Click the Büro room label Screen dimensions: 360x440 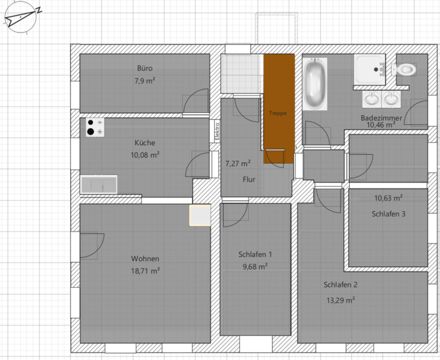[x=144, y=68]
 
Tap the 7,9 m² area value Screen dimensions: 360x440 [x=144, y=81]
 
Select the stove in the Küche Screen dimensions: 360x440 [x=95, y=128]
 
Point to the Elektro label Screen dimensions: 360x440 [x=217, y=131]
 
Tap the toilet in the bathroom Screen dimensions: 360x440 [x=405, y=70]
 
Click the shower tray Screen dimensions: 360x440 [x=369, y=69]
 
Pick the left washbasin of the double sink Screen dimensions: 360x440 [x=371, y=100]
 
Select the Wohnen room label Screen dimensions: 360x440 [x=145, y=259]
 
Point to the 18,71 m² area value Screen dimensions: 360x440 [x=145, y=271]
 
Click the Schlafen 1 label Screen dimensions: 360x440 [x=255, y=254]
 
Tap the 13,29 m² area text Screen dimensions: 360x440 [x=340, y=300]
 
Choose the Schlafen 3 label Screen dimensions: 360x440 [x=388, y=214]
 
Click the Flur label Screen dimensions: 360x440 [x=249, y=180]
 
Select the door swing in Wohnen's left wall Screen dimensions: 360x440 [x=89, y=245]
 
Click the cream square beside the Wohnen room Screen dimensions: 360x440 [x=200, y=215]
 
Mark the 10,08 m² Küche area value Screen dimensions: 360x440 [x=144, y=155]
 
